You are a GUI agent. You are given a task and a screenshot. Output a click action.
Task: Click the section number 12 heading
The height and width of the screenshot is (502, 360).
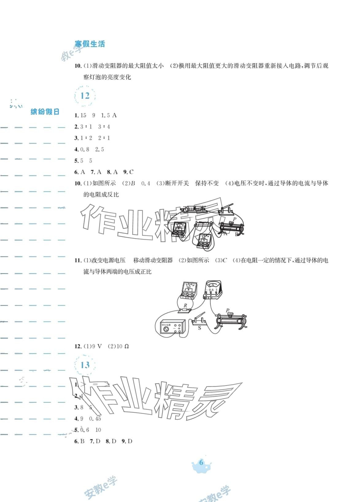85,96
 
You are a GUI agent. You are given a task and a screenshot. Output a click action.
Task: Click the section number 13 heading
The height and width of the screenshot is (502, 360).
85,365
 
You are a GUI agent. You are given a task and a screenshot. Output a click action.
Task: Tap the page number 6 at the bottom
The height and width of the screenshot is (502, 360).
201,462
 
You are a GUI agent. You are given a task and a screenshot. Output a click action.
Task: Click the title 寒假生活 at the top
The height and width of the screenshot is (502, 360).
90,44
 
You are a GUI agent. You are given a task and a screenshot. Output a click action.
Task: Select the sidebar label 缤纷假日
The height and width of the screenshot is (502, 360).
45,112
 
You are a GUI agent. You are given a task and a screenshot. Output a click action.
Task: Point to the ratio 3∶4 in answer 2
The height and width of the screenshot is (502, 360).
104,127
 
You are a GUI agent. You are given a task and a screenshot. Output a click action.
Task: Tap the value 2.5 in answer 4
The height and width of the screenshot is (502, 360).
100,149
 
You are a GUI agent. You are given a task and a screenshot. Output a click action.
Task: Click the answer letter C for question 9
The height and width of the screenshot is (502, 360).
131,172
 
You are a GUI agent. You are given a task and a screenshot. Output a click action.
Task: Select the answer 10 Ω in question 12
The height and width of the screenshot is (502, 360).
122,346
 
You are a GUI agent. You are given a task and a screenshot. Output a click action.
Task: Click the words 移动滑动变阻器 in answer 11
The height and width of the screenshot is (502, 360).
153,261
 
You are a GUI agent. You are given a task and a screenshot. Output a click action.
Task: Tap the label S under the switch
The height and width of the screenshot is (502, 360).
199,328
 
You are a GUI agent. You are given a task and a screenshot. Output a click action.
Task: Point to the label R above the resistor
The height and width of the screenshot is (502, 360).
185,306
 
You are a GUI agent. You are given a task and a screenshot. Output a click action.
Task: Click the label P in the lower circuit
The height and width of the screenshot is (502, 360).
227,311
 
